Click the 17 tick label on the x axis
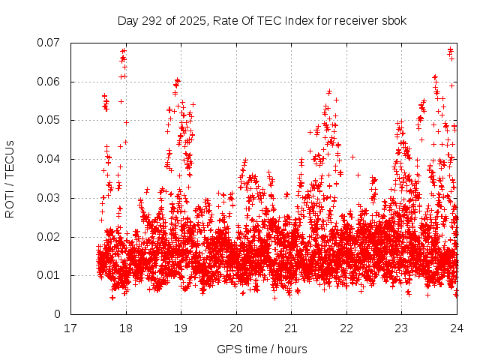pos(70,328)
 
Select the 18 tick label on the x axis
pos(126,328)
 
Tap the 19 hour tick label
pos(181,328)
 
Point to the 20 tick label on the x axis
pos(236,328)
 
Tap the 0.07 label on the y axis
pos(50,43)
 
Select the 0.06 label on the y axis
pos(50,82)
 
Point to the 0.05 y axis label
pos(50,120)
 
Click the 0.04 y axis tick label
pos(50,159)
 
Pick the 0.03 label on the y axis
pos(50,198)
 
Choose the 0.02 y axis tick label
pos(50,237)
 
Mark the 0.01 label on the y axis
pos(50,275)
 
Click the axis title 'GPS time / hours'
pos(263,349)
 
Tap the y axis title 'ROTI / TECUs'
pos(10,178)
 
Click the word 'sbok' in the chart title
pos(394,20)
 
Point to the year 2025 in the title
pos(190,20)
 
